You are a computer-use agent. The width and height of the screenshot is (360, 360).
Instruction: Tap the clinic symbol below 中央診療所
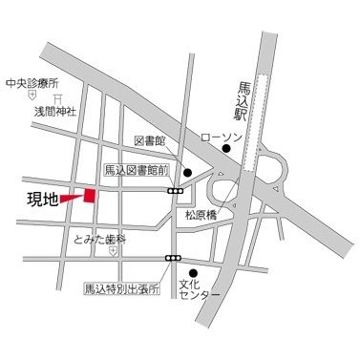32,95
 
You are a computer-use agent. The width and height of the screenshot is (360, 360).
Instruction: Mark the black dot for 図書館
188,173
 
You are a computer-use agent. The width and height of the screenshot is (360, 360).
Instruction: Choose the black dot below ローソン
227,149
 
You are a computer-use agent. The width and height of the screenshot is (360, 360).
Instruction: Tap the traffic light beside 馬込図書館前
176,191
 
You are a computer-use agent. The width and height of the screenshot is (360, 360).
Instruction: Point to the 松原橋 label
203,215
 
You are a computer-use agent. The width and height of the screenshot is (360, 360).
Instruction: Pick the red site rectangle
90,195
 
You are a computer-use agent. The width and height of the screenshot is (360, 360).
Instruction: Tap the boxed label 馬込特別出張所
121,286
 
